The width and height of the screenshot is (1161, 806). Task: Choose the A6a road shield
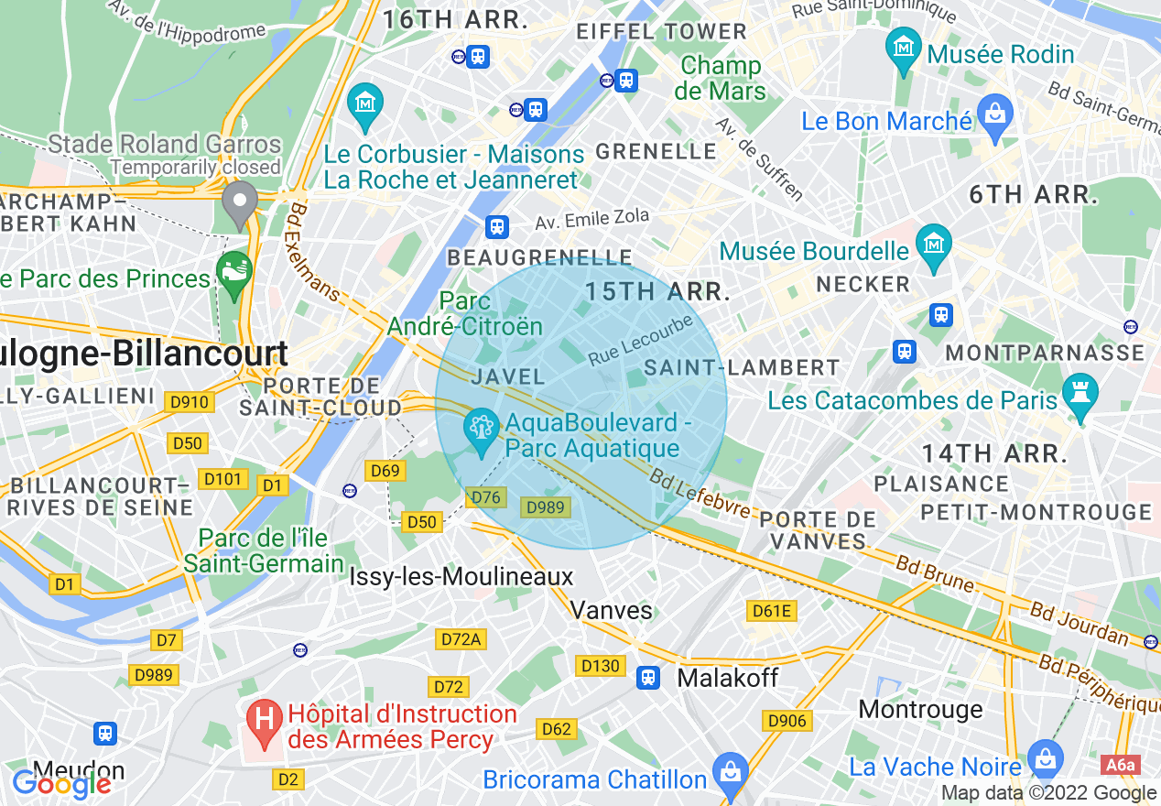(1119, 766)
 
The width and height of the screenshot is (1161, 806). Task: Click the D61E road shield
(771, 611)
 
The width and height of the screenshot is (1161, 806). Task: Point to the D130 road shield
(600, 666)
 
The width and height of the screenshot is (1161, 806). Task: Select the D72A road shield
(461, 638)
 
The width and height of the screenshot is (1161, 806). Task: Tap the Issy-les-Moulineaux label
(461, 576)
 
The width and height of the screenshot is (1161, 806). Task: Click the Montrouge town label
(920, 709)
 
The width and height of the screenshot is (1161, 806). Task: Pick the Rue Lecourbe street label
(640, 340)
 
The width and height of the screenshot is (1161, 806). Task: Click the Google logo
(61, 784)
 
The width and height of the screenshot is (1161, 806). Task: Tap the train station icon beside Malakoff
(648, 678)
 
